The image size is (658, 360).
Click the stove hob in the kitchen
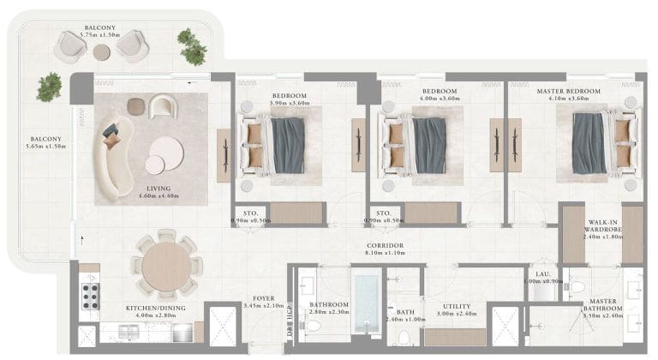click(89, 297)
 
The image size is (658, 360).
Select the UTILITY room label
click(455, 304)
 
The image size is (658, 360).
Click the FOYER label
click(262, 298)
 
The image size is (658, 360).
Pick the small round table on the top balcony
click(102, 52)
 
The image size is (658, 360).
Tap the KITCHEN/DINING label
click(151, 307)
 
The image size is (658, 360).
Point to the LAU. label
click(541, 273)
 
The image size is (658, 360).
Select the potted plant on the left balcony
click(49, 87)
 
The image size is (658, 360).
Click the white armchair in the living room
click(162, 107)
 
